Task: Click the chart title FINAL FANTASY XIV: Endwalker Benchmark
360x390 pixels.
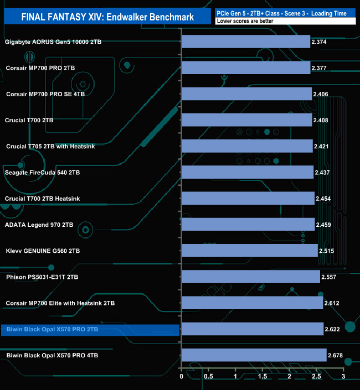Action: point(107,17)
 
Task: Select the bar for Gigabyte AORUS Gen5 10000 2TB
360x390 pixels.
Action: point(246,41)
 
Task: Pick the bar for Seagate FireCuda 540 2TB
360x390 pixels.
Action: point(248,173)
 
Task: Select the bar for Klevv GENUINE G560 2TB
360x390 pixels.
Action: point(250,251)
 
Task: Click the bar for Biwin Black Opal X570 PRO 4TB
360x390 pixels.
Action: point(254,355)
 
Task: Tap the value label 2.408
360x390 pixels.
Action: point(321,120)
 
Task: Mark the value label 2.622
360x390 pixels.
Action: point(333,329)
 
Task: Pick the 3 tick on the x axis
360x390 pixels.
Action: point(343,377)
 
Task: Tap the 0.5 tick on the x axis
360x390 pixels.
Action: point(209,377)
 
